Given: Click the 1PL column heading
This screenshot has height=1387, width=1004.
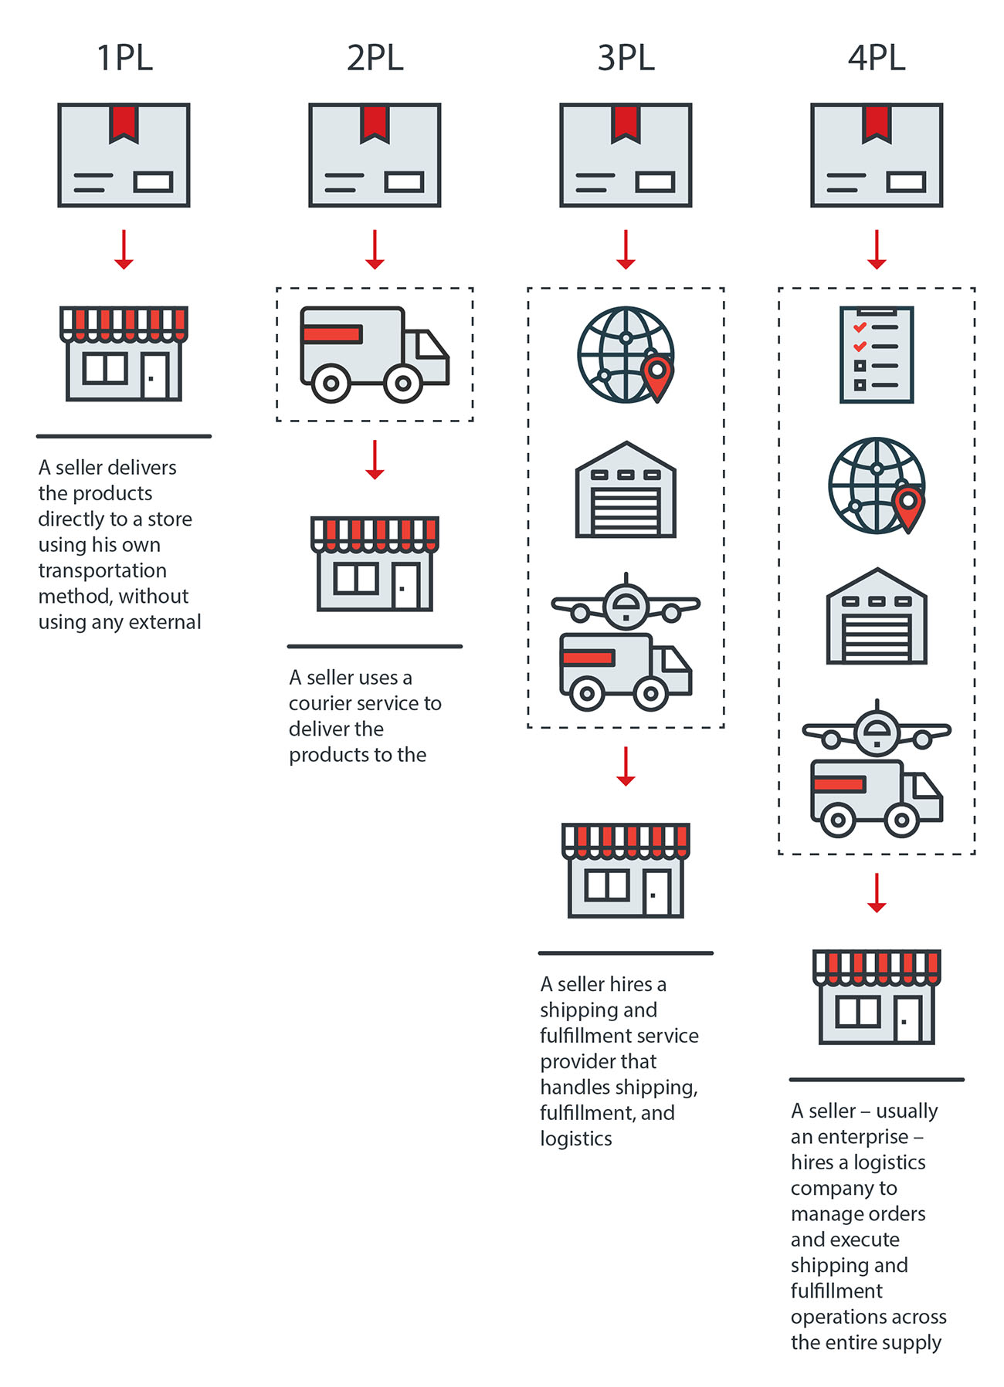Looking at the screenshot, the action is coord(124,58).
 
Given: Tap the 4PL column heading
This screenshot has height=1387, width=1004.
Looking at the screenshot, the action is coord(877,58).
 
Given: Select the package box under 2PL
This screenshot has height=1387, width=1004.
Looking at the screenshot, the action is coord(375,155).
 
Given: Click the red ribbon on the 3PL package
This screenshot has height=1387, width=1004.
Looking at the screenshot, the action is coord(626,123).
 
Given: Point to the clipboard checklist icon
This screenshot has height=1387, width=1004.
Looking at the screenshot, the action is coord(877,354).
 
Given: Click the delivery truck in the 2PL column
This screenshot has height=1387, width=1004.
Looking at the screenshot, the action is coord(375,354).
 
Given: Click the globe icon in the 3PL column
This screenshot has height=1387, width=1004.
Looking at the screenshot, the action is coord(626,354).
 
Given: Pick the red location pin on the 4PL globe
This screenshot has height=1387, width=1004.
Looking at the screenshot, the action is coord(908,508).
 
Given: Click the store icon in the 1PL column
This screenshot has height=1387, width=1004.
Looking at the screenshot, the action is coord(124,354).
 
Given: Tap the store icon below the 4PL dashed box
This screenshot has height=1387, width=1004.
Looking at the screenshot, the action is coord(877,997).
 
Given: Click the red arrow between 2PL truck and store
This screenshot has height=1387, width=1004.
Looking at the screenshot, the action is coord(375,460).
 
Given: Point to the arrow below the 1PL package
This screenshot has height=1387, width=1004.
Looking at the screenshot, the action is coord(124,249).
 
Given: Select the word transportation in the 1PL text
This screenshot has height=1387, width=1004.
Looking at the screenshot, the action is coord(103,570).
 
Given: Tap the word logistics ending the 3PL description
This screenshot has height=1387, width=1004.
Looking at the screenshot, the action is coord(576,1139).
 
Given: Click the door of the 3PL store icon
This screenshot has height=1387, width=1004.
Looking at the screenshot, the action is coord(656,892).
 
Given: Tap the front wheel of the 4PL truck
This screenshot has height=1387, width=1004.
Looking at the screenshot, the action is coord(901,820).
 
